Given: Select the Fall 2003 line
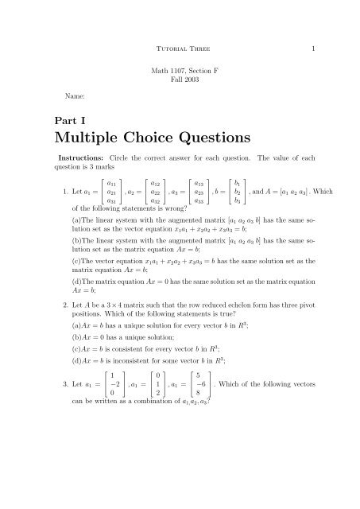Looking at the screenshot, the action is tap(180, 82).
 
